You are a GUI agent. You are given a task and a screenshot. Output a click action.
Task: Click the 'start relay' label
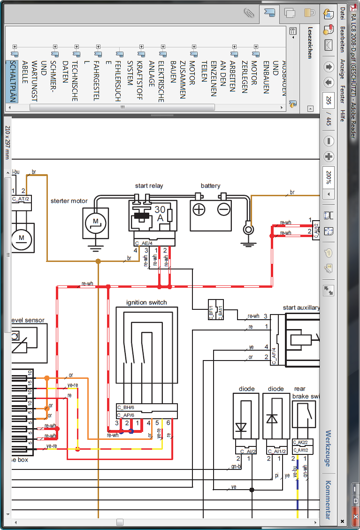pyautogui.click(x=149, y=186)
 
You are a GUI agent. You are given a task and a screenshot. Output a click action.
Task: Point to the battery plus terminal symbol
pyautogui.click(x=199, y=209)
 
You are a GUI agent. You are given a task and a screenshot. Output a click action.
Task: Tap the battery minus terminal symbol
pyautogui.click(x=224, y=209)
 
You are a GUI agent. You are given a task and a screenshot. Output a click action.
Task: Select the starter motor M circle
pyautogui.click(x=95, y=221)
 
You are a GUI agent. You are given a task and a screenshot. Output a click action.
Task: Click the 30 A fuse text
pyautogui.click(x=160, y=214)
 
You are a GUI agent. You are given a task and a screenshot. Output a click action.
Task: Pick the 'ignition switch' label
pyautogui.click(x=146, y=302)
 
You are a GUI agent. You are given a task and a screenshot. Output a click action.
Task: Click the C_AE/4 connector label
pyautogui.click(x=143, y=243)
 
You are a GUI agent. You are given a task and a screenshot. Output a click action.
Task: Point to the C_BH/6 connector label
pyautogui.click(x=126, y=407)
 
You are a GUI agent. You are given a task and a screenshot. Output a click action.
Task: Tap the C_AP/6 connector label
pyautogui.click(x=126, y=415)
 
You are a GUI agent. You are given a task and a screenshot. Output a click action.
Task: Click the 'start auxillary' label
pyautogui.click(x=301, y=308)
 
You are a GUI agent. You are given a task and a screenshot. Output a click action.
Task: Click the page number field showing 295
pyautogui.click(x=329, y=100)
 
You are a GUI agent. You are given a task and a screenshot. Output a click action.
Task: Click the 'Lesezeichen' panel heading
pyautogui.click(x=309, y=42)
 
